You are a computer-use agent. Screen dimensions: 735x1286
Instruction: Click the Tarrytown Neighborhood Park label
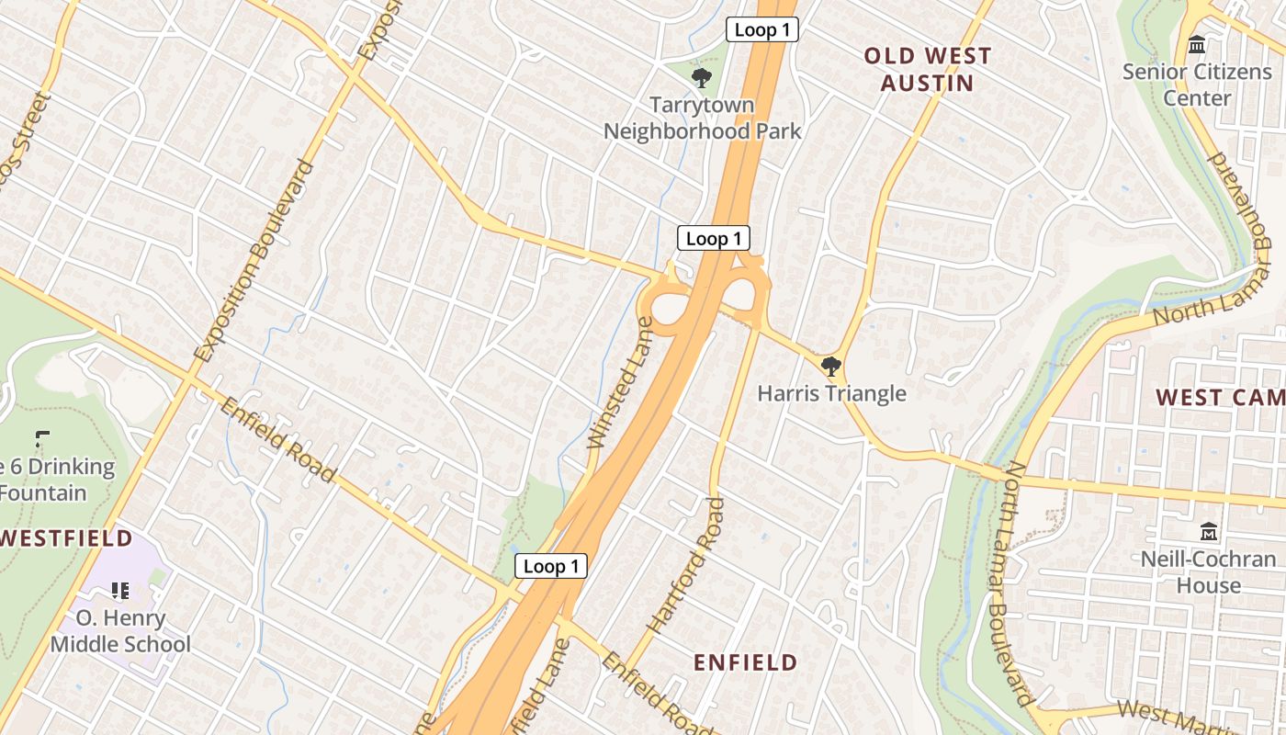tap(702, 118)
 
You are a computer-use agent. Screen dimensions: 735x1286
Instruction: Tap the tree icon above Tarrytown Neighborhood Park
tap(702, 76)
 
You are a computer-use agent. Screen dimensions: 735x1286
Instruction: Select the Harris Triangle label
tap(831, 393)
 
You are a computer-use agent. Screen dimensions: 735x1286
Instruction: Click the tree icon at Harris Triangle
tap(831, 367)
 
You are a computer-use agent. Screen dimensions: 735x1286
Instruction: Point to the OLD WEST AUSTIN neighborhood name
tap(928, 69)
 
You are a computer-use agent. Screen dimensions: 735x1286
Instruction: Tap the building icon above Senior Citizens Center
tap(1197, 44)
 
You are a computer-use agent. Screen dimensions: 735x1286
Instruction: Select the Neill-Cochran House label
tap(1203, 571)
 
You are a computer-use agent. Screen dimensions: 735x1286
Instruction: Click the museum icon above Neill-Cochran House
tap(1209, 531)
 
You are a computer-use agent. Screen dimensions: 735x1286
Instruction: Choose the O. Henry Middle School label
tap(120, 631)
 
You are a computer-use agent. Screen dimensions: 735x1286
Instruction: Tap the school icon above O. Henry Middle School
tap(120, 590)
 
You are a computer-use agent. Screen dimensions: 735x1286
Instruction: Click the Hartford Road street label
tap(685, 565)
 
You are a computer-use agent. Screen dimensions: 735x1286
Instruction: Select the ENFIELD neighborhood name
tap(745, 662)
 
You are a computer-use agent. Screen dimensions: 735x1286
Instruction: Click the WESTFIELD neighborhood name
tap(66, 538)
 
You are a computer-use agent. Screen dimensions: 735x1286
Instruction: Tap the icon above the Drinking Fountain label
tap(41, 439)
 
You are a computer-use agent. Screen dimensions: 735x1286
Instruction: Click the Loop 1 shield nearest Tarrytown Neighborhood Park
tap(761, 30)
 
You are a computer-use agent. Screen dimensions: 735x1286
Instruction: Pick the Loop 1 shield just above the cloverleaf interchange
tap(713, 239)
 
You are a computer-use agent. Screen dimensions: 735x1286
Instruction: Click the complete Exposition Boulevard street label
tap(254, 262)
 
